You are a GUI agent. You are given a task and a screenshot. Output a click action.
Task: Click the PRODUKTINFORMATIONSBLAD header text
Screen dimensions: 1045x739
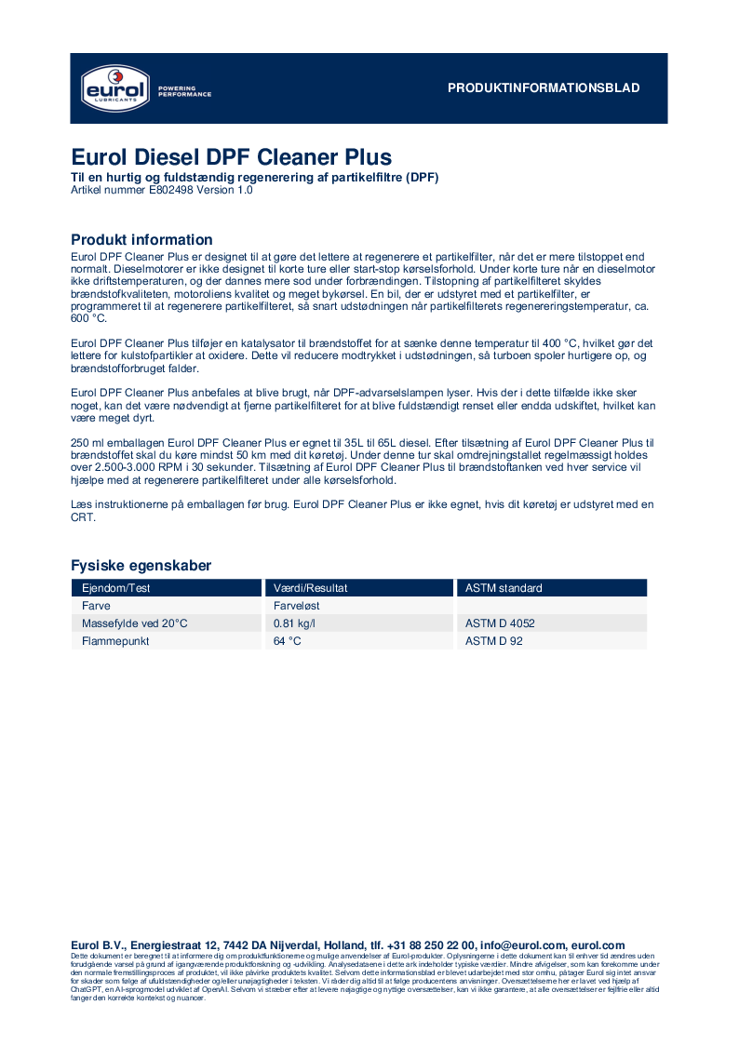(544, 88)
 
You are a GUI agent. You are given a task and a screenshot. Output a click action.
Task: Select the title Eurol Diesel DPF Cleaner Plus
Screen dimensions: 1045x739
(232, 156)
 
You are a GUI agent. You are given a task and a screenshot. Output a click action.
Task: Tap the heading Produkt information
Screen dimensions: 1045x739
(141, 240)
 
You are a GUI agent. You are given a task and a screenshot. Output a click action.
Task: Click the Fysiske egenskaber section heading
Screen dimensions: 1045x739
(141, 566)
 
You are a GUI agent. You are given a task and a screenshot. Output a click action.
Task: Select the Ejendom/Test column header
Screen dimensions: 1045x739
(116, 588)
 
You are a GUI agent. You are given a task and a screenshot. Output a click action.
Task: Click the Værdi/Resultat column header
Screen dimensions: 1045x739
(310, 588)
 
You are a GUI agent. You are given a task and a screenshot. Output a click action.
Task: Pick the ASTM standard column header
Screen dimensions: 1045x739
(504, 588)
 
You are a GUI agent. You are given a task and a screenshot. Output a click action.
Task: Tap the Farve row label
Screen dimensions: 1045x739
(97, 606)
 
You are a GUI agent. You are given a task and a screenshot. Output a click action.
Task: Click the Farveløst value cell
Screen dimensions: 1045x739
(297, 606)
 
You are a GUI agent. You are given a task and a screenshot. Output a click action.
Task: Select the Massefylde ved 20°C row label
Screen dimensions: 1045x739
(135, 623)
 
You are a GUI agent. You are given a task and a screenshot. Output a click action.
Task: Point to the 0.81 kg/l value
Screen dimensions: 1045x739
(294, 623)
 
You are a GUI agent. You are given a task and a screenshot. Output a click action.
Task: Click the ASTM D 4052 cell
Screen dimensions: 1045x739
(500, 623)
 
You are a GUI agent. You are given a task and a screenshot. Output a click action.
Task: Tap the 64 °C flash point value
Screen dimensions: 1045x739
(288, 641)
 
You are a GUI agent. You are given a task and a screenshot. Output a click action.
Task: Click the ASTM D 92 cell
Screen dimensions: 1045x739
(493, 641)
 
